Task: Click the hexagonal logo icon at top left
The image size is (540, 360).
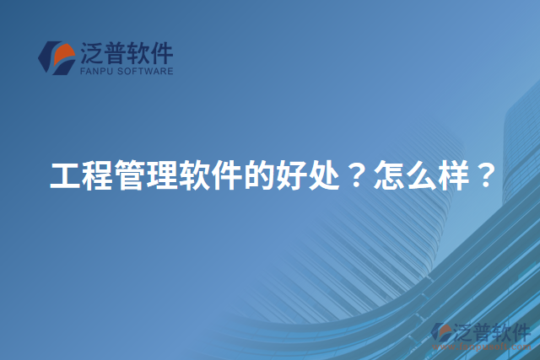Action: [x=57, y=57]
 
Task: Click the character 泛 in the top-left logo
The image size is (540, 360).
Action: [x=91, y=54]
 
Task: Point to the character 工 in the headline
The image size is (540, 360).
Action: [x=63, y=176]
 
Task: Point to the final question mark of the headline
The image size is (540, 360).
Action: [x=472, y=176]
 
